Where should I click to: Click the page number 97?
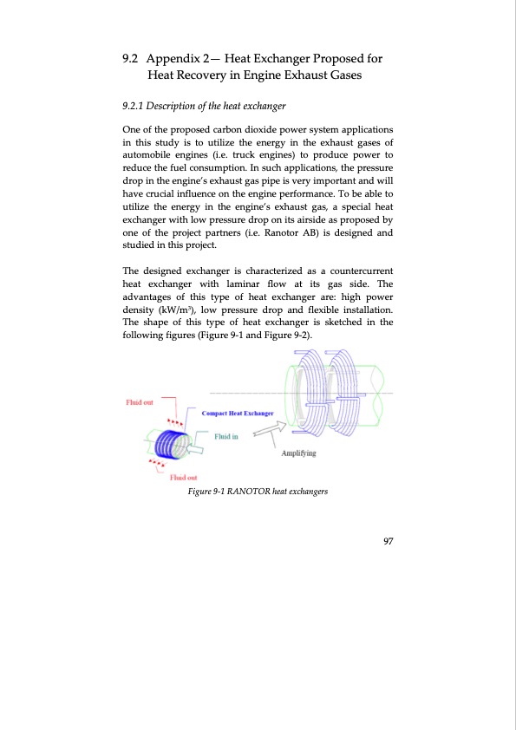[x=388, y=542]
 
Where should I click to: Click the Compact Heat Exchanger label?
[x=238, y=414]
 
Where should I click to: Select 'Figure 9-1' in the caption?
[x=204, y=492]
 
